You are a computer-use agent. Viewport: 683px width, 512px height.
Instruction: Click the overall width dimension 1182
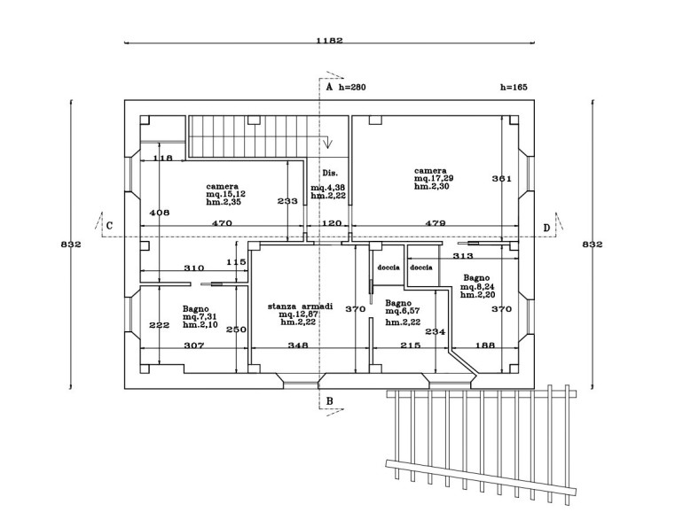tap(329, 40)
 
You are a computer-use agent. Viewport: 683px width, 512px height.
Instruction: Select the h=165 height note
tap(514, 88)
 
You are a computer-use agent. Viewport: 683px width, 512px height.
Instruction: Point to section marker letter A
tap(328, 88)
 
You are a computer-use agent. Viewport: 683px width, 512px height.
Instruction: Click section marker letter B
tap(329, 401)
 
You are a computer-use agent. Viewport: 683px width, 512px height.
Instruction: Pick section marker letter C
tap(108, 226)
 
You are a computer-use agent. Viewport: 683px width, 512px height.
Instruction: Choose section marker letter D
tap(546, 227)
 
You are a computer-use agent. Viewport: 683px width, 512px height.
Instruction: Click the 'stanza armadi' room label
tap(300, 306)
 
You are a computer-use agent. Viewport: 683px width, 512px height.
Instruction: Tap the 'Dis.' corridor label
tap(330, 173)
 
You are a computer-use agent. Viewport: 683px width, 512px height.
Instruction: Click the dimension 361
tap(501, 179)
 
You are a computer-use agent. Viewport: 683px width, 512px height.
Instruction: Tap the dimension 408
tap(159, 213)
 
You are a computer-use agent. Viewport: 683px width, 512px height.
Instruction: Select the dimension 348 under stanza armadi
tap(297, 346)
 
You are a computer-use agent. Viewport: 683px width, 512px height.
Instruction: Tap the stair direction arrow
tap(328, 144)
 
